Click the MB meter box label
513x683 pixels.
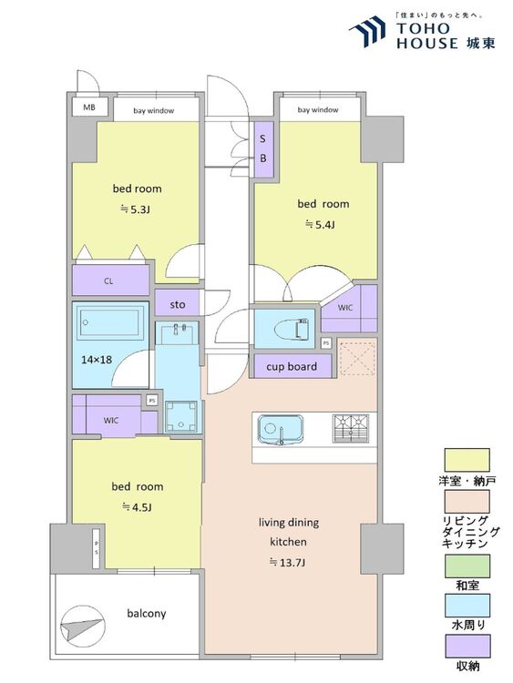[x=89, y=107]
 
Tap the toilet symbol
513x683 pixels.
[x=292, y=329]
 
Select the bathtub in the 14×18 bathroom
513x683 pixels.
[x=110, y=321]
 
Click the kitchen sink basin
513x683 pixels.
[x=281, y=430]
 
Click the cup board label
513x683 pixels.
[x=292, y=367]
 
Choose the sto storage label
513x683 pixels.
[x=178, y=304]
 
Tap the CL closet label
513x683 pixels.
[x=108, y=281]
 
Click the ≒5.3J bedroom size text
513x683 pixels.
[x=136, y=210]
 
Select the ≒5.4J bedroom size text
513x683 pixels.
[x=321, y=225]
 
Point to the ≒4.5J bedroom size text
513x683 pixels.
[x=137, y=507]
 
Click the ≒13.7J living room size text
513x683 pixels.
[x=287, y=563]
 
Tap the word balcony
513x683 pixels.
[x=147, y=614]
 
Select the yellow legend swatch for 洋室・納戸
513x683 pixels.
[x=467, y=461]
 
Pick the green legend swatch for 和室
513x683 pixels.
[x=467, y=566]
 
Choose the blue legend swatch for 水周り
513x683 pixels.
[x=467, y=606]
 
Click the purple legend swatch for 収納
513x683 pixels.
[x=467, y=646]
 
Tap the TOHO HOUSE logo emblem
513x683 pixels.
[x=368, y=32]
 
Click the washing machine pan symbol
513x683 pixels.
[x=181, y=416]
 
